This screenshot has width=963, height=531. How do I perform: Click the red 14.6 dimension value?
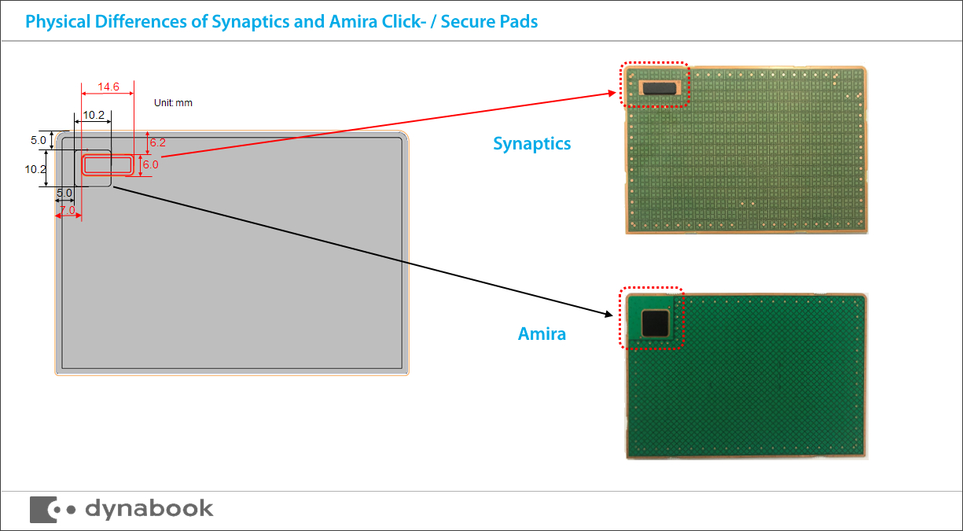[x=108, y=87]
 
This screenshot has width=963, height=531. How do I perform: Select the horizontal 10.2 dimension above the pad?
[x=93, y=115]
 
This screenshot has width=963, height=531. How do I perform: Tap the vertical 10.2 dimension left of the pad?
[x=36, y=169]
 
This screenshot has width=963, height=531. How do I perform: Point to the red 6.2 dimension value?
[x=157, y=142]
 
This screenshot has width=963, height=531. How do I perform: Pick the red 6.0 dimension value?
[x=149, y=164]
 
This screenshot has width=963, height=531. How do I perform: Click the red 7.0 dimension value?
[x=68, y=210]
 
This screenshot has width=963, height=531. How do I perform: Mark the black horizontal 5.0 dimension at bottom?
[x=64, y=193]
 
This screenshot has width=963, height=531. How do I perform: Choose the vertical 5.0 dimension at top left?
[x=39, y=140]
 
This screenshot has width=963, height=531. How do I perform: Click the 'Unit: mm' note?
[x=173, y=103]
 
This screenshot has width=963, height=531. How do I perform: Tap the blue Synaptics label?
[x=531, y=144]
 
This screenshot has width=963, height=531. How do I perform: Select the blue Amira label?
[x=542, y=334]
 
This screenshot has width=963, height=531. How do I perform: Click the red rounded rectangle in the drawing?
[x=108, y=164]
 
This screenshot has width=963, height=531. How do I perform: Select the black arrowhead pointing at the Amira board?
[x=608, y=315]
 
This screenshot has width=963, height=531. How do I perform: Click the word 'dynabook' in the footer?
[x=149, y=508]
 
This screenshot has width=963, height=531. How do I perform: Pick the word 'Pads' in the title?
[x=518, y=21]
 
